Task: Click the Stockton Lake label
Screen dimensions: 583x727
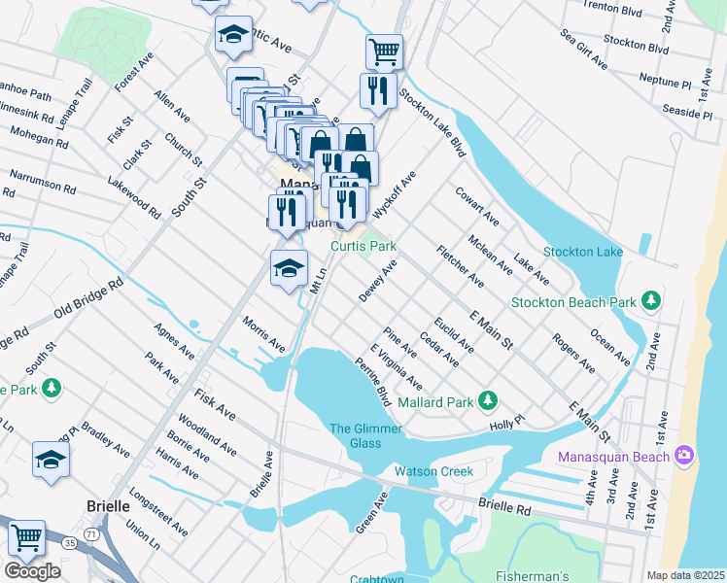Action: pos(582,252)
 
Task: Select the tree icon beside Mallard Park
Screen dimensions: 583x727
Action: pos(490,401)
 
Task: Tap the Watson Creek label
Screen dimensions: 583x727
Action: pos(433,471)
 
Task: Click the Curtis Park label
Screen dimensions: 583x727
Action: pos(363,247)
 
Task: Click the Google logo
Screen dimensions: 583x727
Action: pos(32,571)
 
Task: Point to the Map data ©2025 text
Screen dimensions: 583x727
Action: pos(684,575)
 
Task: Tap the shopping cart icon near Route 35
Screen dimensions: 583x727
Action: pos(26,537)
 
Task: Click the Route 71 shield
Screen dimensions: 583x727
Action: pos(90,534)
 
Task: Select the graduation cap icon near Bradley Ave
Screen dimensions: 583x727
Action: pos(51,460)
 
